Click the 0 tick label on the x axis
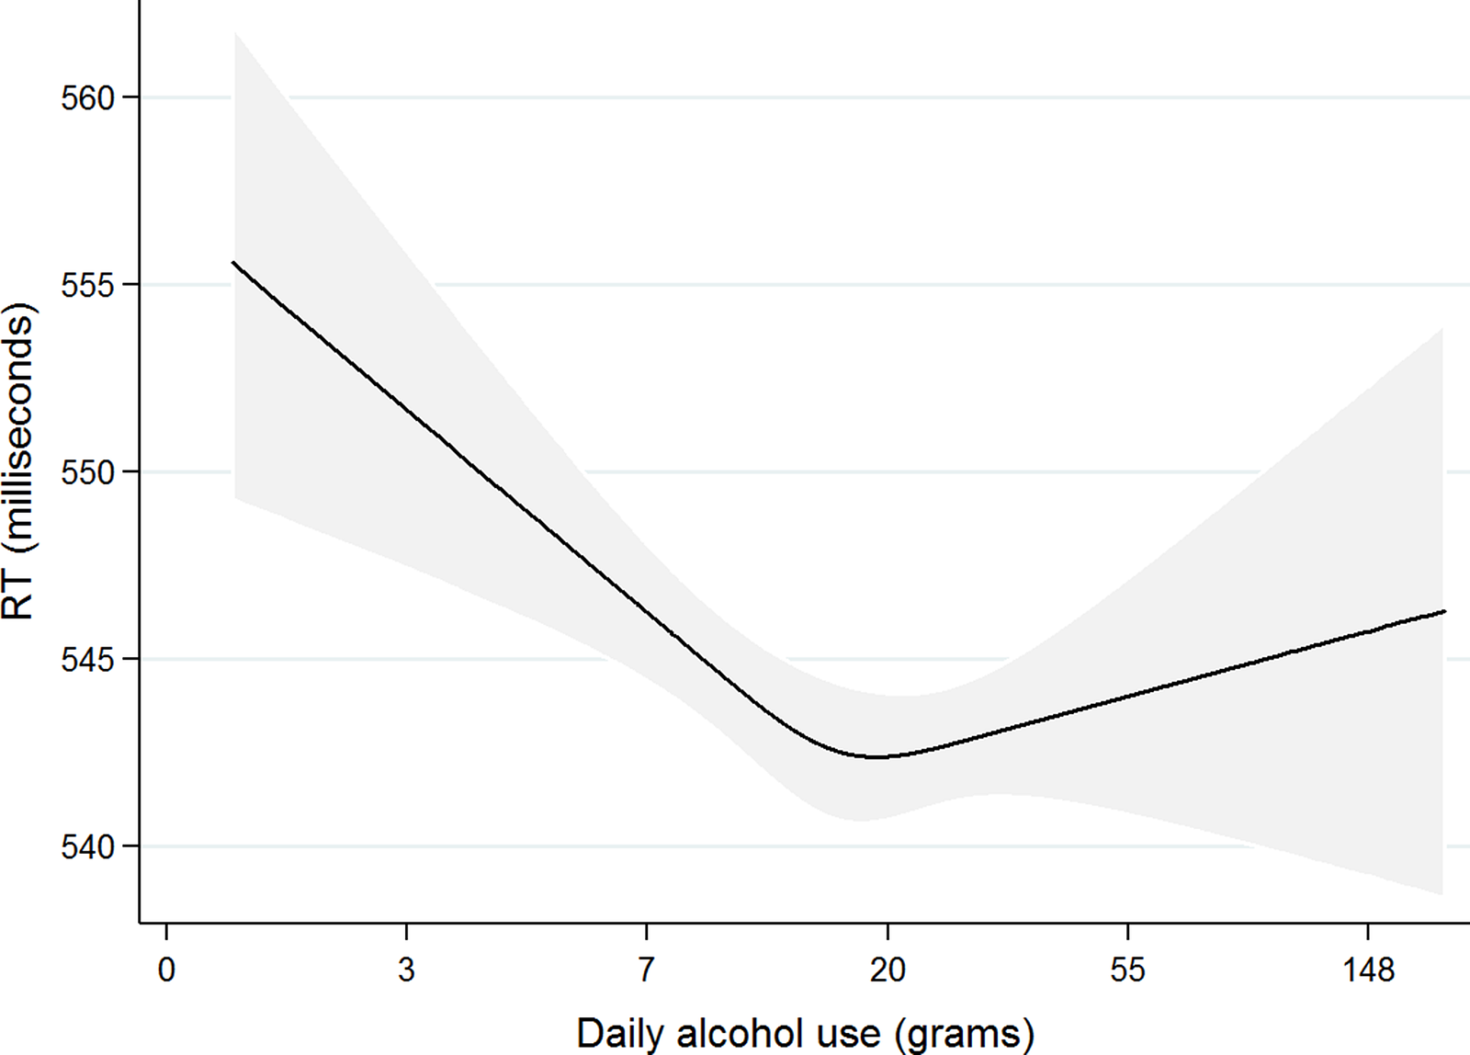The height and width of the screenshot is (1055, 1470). click(x=166, y=970)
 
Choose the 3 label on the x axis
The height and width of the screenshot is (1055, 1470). click(x=406, y=970)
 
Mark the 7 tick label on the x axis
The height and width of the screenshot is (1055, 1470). click(x=647, y=970)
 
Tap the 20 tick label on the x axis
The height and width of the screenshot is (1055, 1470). click(x=888, y=970)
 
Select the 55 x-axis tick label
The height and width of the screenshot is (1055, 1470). click(x=1127, y=970)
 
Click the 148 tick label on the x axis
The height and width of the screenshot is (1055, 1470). click(x=1368, y=970)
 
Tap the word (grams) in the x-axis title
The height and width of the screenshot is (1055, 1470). click(x=964, y=1034)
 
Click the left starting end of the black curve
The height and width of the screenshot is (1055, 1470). click(x=233, y=263)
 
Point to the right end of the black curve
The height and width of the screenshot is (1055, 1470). click(x=1445, y=611)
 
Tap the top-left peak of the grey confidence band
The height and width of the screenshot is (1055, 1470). click(x=236, y=33)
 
